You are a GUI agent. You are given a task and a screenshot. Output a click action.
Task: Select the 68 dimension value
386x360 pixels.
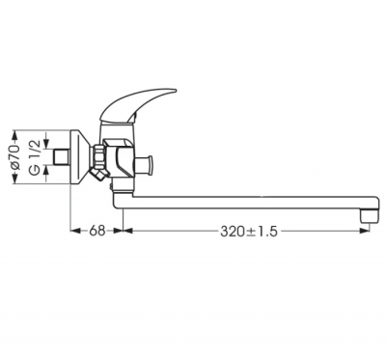97,231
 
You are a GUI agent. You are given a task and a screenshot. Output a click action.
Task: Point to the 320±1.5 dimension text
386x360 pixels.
249,231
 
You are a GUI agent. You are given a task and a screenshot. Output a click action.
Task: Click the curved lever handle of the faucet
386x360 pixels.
138,104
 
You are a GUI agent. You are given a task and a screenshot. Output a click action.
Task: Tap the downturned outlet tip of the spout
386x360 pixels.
371,215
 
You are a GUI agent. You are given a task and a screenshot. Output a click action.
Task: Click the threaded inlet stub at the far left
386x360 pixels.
62,157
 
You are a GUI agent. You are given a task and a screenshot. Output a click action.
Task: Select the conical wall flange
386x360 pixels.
81,157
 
